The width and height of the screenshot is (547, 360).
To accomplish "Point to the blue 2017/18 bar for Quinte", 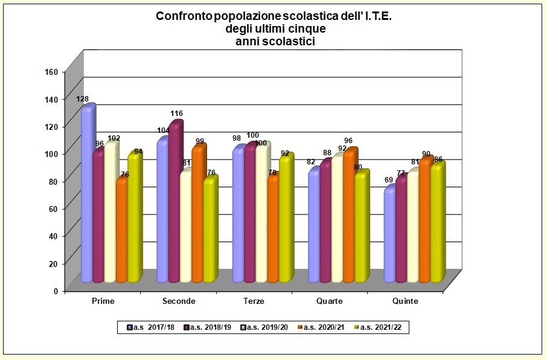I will (x=389, y=236).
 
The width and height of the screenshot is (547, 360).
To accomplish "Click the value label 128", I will (x=83, y=98).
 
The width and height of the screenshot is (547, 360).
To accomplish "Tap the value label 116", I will (x=176, y=114).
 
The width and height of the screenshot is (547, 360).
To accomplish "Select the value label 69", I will (x=389, y=181).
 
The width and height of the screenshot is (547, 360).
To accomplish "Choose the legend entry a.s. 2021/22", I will (x=380, y=327).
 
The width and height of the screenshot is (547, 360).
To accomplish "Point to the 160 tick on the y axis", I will (x=51, y=71).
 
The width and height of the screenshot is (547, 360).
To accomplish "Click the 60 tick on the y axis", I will (x=53, y=208).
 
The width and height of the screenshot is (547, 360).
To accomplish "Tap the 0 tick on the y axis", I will (x=56, y=291).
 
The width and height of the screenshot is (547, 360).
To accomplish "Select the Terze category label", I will (x=253, y=301).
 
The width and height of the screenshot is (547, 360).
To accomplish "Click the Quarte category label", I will (x=329, y=301).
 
